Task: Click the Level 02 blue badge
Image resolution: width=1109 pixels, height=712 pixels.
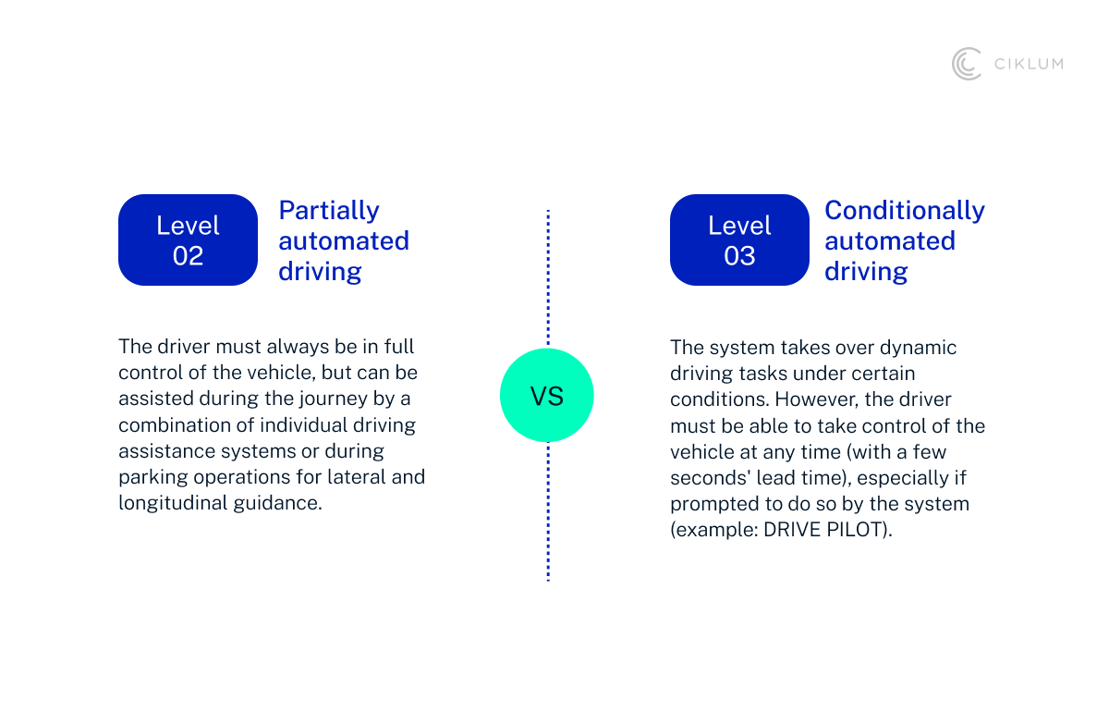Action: pyautogui.click(x=188, y=240)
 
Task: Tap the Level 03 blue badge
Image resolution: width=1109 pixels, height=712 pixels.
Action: pyautogui.click(x=739, y=240)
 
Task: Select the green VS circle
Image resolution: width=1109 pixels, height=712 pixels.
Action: pyautogui.click(x=546, y=397)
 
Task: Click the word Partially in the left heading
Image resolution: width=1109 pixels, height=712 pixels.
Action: pyautogui.click(x=329, y=211)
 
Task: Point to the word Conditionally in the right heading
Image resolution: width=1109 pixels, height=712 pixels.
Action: pyautogui.click(x=904, y=211)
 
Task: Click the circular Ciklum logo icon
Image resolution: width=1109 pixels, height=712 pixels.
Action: pyautogui.click(x=967, y=64)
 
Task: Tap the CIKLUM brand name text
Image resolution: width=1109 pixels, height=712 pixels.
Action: pyautogui.click(x=1028, y=64)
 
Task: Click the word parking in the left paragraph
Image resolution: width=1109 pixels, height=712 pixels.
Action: pyautogui.click(x=150, y=477)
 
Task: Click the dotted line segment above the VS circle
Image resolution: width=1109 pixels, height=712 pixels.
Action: pyautogui.click(x=548, y=277)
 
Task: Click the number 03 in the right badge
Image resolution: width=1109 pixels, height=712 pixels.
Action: pyautogui.click(x=739, y=256)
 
